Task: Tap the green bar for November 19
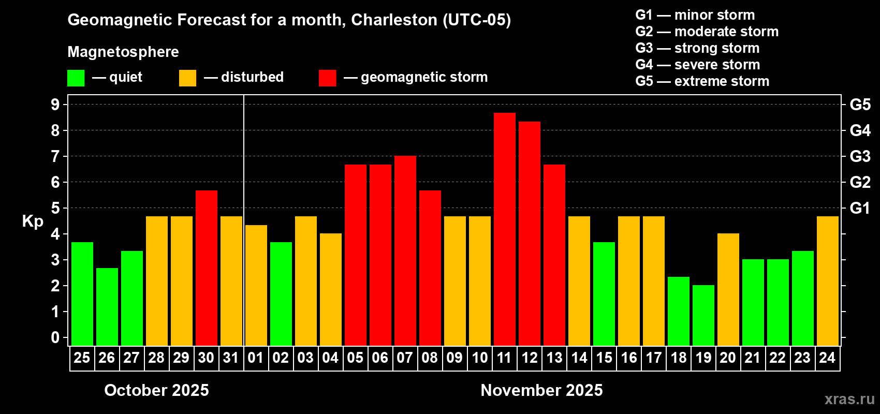(703, 315)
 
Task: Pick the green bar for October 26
(107, 306)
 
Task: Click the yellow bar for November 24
(827, 280)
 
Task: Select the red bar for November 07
(405, 250)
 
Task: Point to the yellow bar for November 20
(728, 289)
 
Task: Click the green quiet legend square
(76, 78)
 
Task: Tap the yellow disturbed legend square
(187, 78)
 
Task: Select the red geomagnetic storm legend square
(327, 78)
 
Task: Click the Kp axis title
(33, 221)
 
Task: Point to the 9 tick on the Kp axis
(55, 105)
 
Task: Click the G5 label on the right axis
(860, 105)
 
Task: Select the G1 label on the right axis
(860, 208)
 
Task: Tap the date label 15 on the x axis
(604, 358)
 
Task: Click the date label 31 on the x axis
(231, 358)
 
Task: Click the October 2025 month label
(156, 390)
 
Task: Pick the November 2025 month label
(541, 390)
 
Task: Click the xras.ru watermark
(849, 399)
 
